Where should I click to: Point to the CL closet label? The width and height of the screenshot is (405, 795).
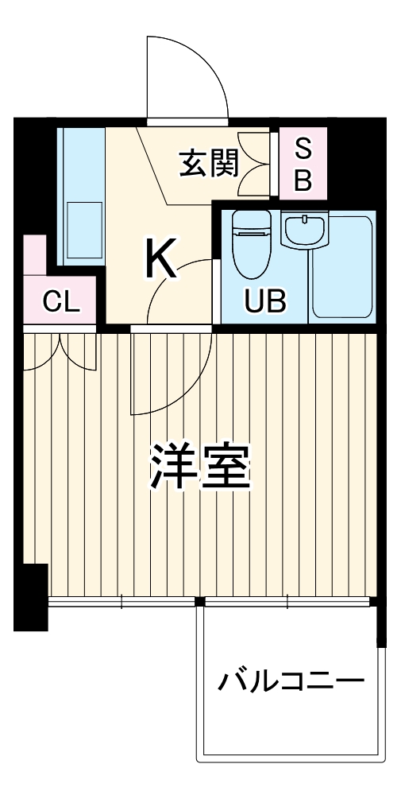tap(60, 301)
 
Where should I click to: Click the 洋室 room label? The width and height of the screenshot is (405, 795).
tap(202, 467)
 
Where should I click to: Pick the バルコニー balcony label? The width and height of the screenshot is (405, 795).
tap(291, 681)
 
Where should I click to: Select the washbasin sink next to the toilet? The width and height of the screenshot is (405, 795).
tap(304, 231)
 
